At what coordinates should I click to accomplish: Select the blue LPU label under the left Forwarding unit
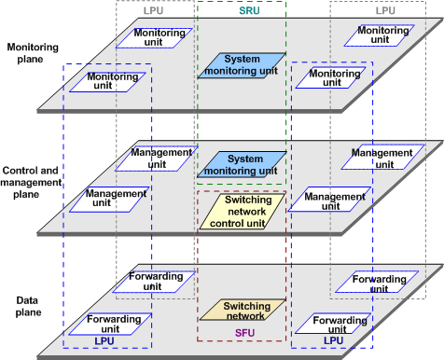click(104, 341)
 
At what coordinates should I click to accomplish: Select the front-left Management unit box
click(116, 199)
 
